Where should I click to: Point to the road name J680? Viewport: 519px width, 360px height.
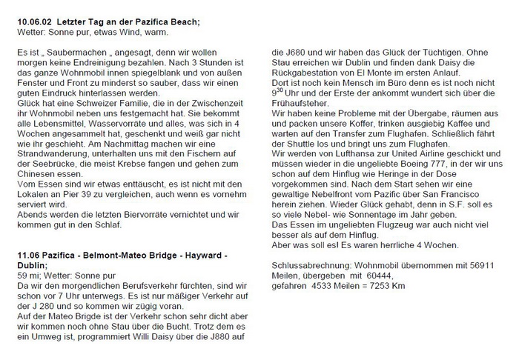pos(282,55)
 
